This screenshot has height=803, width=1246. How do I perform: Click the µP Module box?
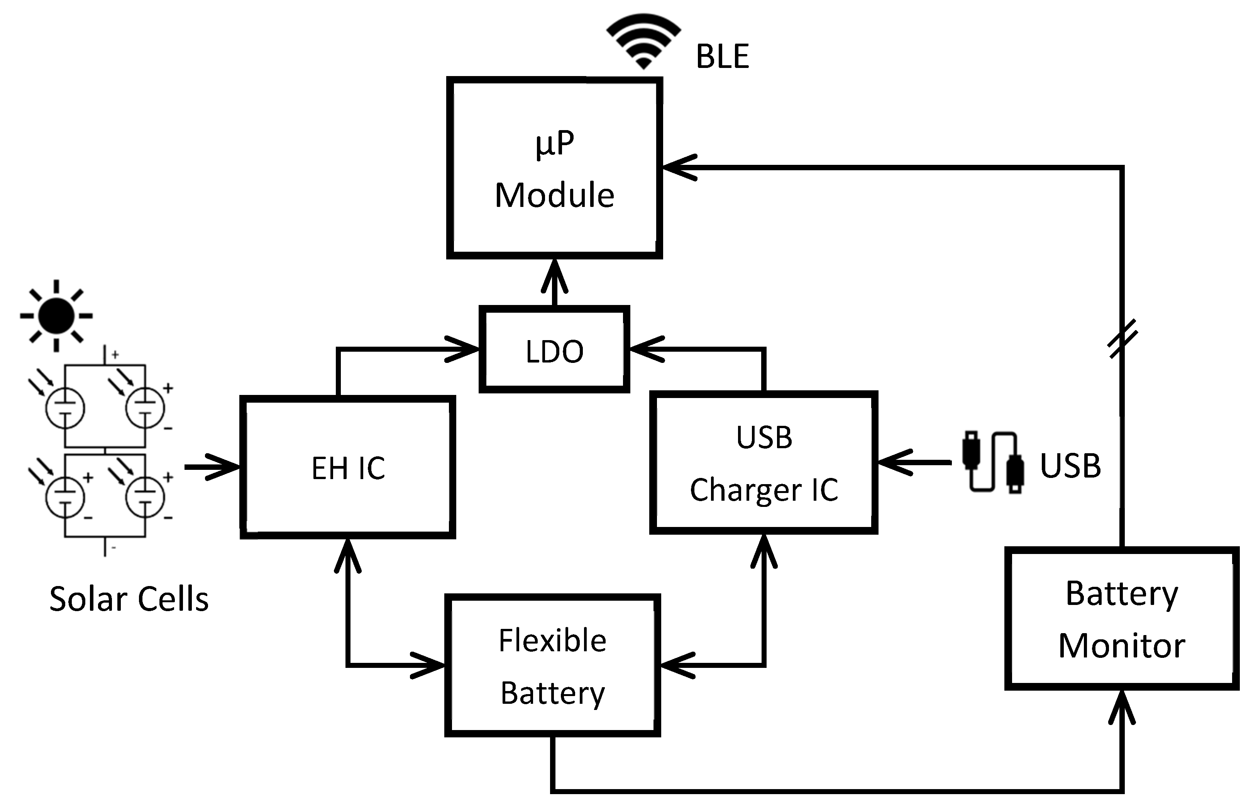point(554,168)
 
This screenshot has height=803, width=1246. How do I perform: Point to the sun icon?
point(56,315)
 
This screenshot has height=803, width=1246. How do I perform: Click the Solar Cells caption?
point(129,599)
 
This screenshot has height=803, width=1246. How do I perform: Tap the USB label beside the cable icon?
point(1070,465)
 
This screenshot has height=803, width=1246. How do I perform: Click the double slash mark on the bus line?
point(1122,339)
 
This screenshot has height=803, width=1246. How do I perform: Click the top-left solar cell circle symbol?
point(64,408)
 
